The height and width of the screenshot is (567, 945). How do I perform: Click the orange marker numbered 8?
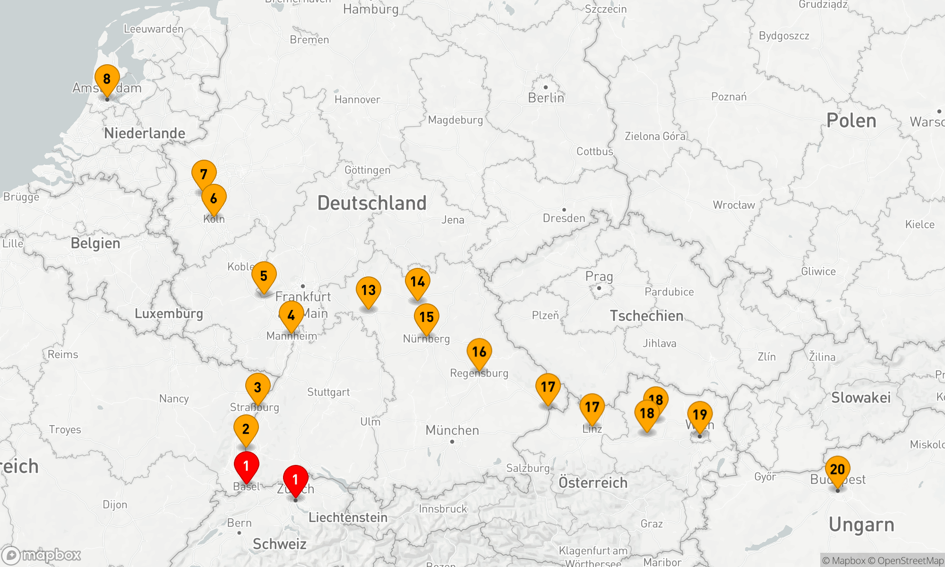pos(107,79)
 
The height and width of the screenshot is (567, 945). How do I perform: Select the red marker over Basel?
pos(246,466)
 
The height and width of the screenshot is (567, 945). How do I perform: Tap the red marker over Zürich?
pos(295,480)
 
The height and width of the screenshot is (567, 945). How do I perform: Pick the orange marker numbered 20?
pos(837,470)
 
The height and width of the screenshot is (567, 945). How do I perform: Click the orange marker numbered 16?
pos(479,352)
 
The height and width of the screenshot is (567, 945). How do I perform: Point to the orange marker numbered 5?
pos(264,276)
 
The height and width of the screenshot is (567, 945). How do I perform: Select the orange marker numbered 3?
pos(258,387)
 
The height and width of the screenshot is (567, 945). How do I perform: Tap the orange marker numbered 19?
pos(700,415)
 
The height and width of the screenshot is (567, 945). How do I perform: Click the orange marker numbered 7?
pos(204,174)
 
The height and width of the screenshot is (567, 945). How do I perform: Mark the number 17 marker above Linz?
pos(592,407)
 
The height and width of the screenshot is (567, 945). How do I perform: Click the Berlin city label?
pos(546,98)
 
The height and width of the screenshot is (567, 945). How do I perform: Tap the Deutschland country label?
pos(372,203)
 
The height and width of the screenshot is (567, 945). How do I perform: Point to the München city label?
pos(452,430)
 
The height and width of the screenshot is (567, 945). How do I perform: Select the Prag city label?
pos(599,277)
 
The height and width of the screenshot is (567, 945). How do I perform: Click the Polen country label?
pos(851,121)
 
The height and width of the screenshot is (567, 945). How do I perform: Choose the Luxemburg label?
pos(169,314)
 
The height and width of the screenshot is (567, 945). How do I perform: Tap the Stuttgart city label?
pos(328,392)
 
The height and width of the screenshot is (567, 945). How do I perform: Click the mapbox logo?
pos(42,555)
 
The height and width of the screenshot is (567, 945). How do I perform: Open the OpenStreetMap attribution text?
pos(910,561)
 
